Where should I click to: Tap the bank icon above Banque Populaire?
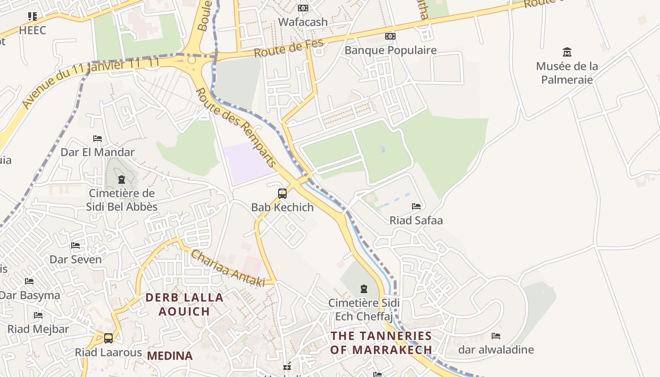[x=390, y=36]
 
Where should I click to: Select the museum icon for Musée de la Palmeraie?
[x=567, y=52]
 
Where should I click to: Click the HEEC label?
[x=33, y=31]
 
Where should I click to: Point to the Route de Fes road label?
[x=289, y=48]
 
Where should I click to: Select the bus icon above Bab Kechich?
[x=282, y=193]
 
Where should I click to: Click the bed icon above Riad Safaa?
[x=416, y=206]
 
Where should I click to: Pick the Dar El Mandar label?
[x=98, y=152]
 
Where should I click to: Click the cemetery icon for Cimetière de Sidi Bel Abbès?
[x=122, y=180]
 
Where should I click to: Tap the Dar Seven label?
[x=75, y=259]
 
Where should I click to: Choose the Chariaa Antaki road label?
[x=227, y=268]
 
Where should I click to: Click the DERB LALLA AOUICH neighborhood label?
[x=184, y=304]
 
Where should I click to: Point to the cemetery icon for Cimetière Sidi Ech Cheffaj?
[x=363, y=288]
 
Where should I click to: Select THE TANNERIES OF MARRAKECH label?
[x=381, y=343]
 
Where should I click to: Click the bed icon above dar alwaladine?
[x=495, y=336]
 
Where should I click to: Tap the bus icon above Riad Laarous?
[x=108, y=338]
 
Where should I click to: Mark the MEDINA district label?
[x=170, y=356]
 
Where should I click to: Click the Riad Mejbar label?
[x=38, y=329]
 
